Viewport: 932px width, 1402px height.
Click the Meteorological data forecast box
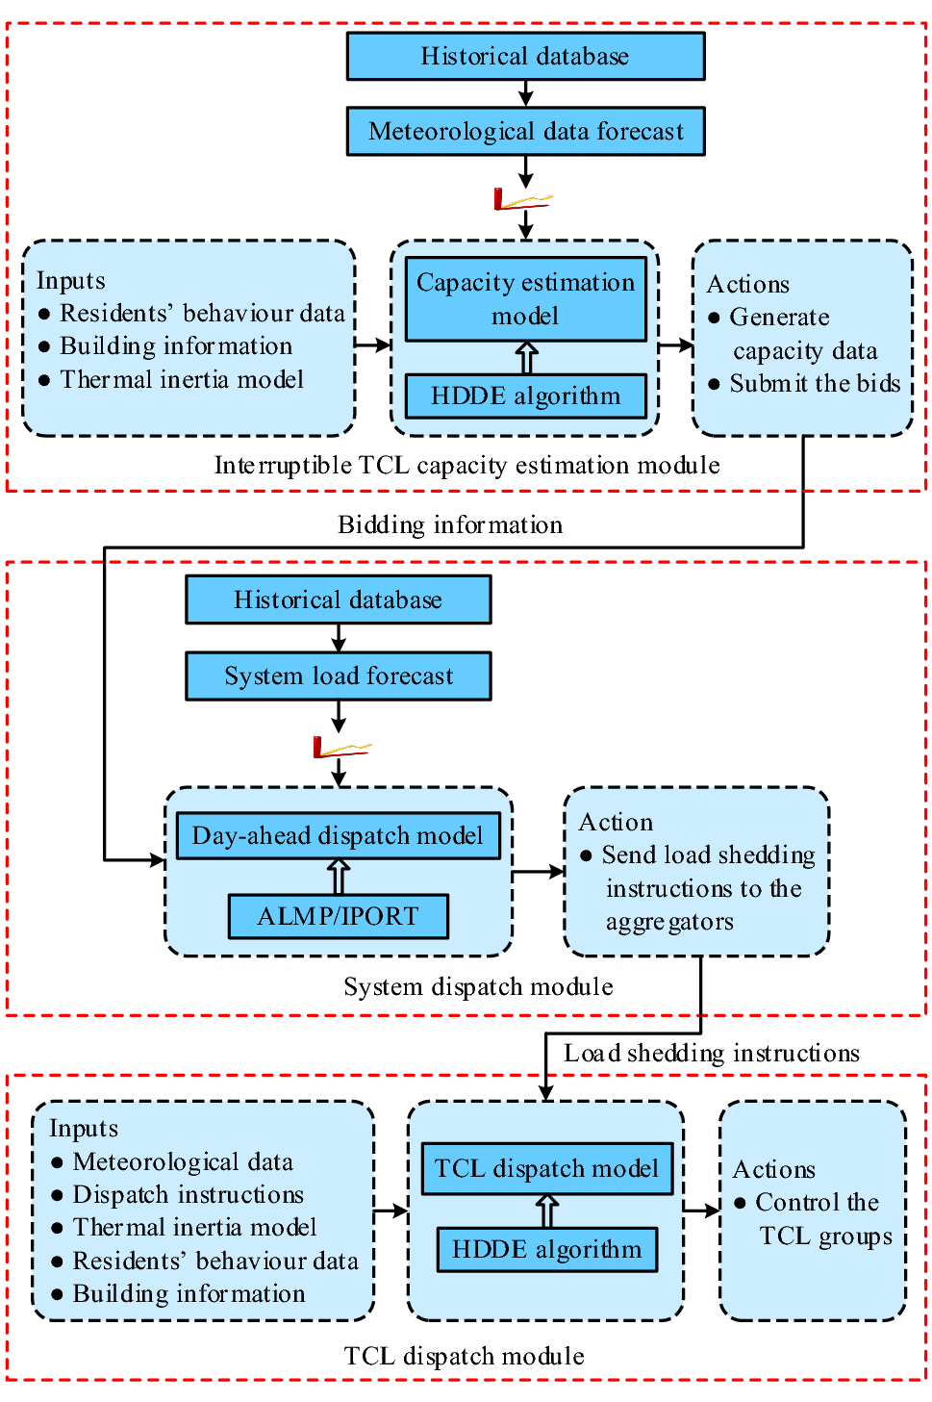click(x=525, y=131)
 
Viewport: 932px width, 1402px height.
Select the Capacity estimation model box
click(x=525, y=299)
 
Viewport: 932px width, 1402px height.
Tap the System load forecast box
click(x=339, y=676)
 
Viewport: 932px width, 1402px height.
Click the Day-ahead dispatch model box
click(x=338, y=835)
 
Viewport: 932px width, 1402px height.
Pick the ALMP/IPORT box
click(x=338, y=916)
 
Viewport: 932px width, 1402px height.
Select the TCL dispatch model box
click(x=546, y=1168)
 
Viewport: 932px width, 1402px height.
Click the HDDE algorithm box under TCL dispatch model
click(x=546, y=1249)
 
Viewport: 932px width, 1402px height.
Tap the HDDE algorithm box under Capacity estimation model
click(x=525, y=395)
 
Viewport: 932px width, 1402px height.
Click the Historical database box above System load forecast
click(x=339, y=599)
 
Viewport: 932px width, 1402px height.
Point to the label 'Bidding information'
click(x=450, y=524)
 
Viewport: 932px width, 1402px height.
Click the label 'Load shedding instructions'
click(x=711, y=1053)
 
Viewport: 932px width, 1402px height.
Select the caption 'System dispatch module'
click(x=478, y=986)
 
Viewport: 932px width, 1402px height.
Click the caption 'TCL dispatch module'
click(x=464, y=1356)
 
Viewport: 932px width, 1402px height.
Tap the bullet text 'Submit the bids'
click(x=814, y=383)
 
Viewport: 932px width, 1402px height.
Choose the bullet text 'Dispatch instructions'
click(x=188, y=1194)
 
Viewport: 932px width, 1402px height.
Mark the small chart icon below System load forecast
click(x=340, y=747)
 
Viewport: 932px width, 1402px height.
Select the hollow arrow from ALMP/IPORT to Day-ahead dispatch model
click(x=338, y=877)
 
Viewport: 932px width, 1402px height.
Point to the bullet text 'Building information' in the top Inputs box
click(x=176, y=345)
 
